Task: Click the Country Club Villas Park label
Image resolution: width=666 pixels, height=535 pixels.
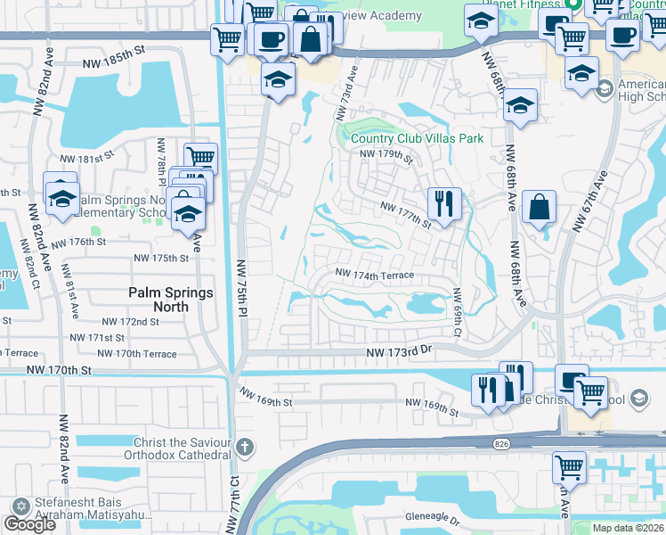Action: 417,138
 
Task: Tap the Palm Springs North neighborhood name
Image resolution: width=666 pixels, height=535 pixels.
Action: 171,300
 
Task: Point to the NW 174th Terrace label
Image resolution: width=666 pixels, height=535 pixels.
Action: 374,275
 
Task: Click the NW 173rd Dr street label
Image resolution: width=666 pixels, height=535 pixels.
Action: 399,354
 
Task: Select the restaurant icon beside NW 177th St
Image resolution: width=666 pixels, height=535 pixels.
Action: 443,202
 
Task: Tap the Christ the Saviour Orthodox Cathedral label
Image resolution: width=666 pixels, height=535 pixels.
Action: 182,449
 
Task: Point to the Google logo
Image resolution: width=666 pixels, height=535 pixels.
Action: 29,524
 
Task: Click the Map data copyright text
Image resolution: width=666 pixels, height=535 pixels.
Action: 628,528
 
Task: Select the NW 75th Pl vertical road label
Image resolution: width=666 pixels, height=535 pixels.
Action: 241,287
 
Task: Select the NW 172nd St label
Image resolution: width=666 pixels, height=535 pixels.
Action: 130,321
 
